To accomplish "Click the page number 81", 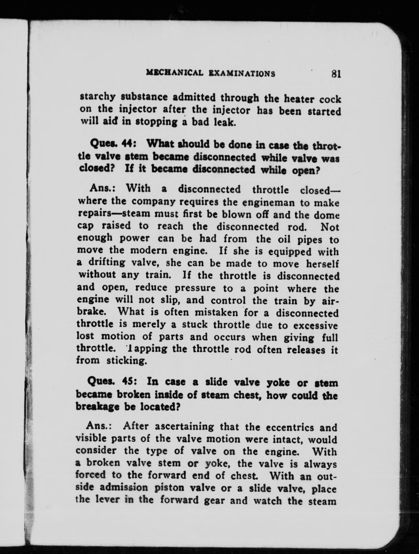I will click(x=335, y=74).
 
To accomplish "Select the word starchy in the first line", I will click(x=97, y=97).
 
